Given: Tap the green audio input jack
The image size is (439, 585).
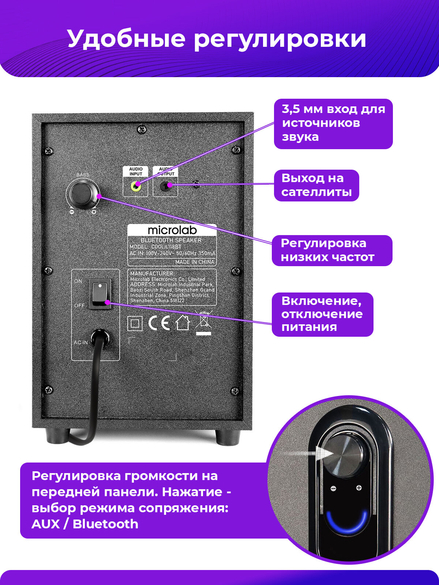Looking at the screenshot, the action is pos(136,186).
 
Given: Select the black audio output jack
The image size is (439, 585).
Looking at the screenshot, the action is pos(165,186).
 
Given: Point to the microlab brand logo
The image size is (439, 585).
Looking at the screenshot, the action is pos(172,230).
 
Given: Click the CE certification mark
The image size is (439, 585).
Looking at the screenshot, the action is pos(159,323).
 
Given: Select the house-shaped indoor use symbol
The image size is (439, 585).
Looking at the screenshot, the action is pos(183,323).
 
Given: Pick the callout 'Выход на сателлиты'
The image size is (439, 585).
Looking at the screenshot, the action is pos(316,185).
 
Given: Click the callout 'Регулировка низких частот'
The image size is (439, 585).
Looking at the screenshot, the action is pos(332,250).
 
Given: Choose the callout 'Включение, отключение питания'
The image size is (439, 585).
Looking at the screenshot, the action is pos(322,314).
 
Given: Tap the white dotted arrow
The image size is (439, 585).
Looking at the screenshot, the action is pos(307,454).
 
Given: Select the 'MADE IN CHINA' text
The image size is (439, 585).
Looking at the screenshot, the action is pos(195,262).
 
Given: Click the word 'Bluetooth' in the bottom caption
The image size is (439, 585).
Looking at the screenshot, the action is pos(105,524).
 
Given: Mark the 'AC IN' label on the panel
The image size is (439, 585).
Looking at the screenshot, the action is pos(80,343).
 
